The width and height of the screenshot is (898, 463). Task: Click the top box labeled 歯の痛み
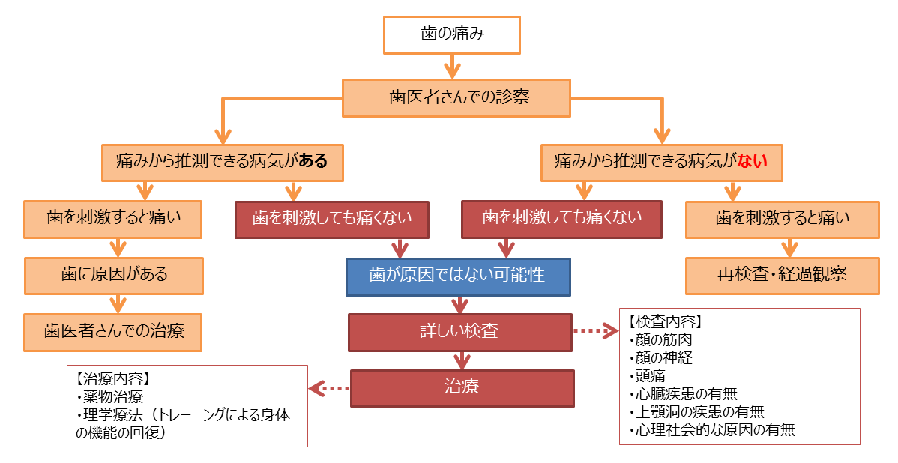pyautogui.click(x=451, y=34)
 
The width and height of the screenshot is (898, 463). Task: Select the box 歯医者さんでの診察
pyautogui.click(x=456, y=97)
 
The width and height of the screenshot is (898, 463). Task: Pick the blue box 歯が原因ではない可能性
pyautogui.click(x=457, y=276)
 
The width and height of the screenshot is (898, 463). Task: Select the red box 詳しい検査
pyautogui.click(x=460, y=332)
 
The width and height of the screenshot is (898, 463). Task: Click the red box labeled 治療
pyautogui.click(x=462, y=387)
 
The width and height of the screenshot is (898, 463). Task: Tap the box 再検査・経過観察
pyautogui.click(x=782, y=275)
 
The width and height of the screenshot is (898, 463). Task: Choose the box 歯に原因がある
pyautogui.click(x=114, y=275)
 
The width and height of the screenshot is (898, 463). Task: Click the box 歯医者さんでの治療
pyautogui.click(x=113, y=332)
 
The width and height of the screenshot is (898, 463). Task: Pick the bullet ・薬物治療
pyautogui.click(x=111, y=397)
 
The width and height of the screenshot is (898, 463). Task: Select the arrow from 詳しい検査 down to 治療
pyautogui.click(x=461, y=360)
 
